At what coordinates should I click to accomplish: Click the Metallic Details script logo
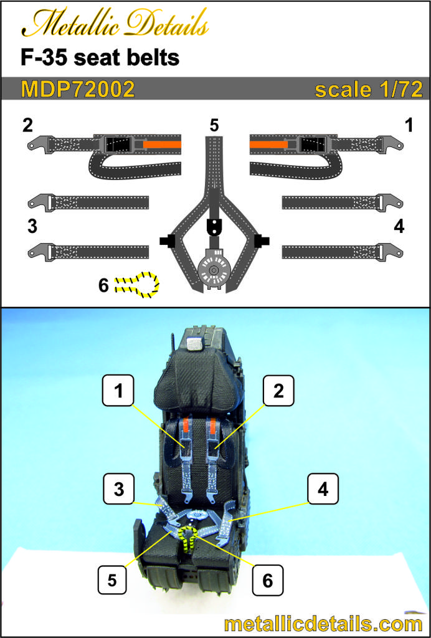(115, 25)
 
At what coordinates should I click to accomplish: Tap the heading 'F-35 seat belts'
(100, 58)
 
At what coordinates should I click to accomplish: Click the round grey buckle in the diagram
(214, 270)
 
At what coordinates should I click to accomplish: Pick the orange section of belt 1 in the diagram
(269, 144)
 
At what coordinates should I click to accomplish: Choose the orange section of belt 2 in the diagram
(162, 144)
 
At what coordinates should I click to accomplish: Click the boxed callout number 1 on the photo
(118, 391)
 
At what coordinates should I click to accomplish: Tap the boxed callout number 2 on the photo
(278, 391)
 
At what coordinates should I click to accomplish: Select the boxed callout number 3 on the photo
(118, 489)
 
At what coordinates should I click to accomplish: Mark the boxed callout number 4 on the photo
(323, 489)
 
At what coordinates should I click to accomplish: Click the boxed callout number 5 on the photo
(112, 580)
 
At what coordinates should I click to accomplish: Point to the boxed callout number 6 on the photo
(267, 580)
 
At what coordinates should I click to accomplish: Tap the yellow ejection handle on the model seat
(189, 536)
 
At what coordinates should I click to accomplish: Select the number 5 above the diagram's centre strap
(214, 126)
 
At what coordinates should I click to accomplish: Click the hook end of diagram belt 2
(36, 145)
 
